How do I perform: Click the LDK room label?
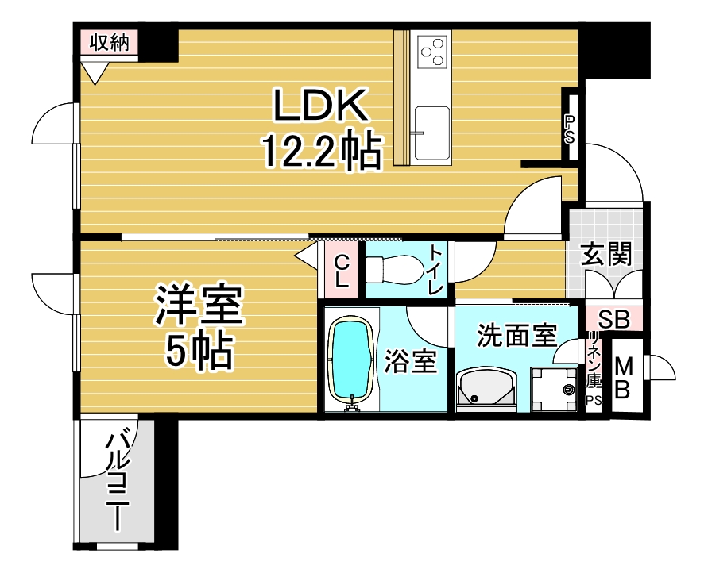(x=319, y=105)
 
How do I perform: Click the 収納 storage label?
(x=110, y=43)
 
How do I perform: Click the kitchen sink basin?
(x=432, y=133)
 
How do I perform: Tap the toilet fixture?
(x=393, y=270)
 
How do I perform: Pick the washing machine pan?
(x=554, y=389)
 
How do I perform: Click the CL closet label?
(x=342, y=271)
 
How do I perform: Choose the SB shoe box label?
(x=613, y=319)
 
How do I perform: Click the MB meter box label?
(x=623, y=378)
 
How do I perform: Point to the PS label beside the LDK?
(x=570, y=129)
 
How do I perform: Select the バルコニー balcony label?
(x=117, y=482)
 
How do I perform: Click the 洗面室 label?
(x=516, y=336)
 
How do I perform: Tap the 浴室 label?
(x=410, y=361)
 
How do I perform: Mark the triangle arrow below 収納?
(x=95, y=73)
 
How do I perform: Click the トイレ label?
(x=435, y=270)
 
